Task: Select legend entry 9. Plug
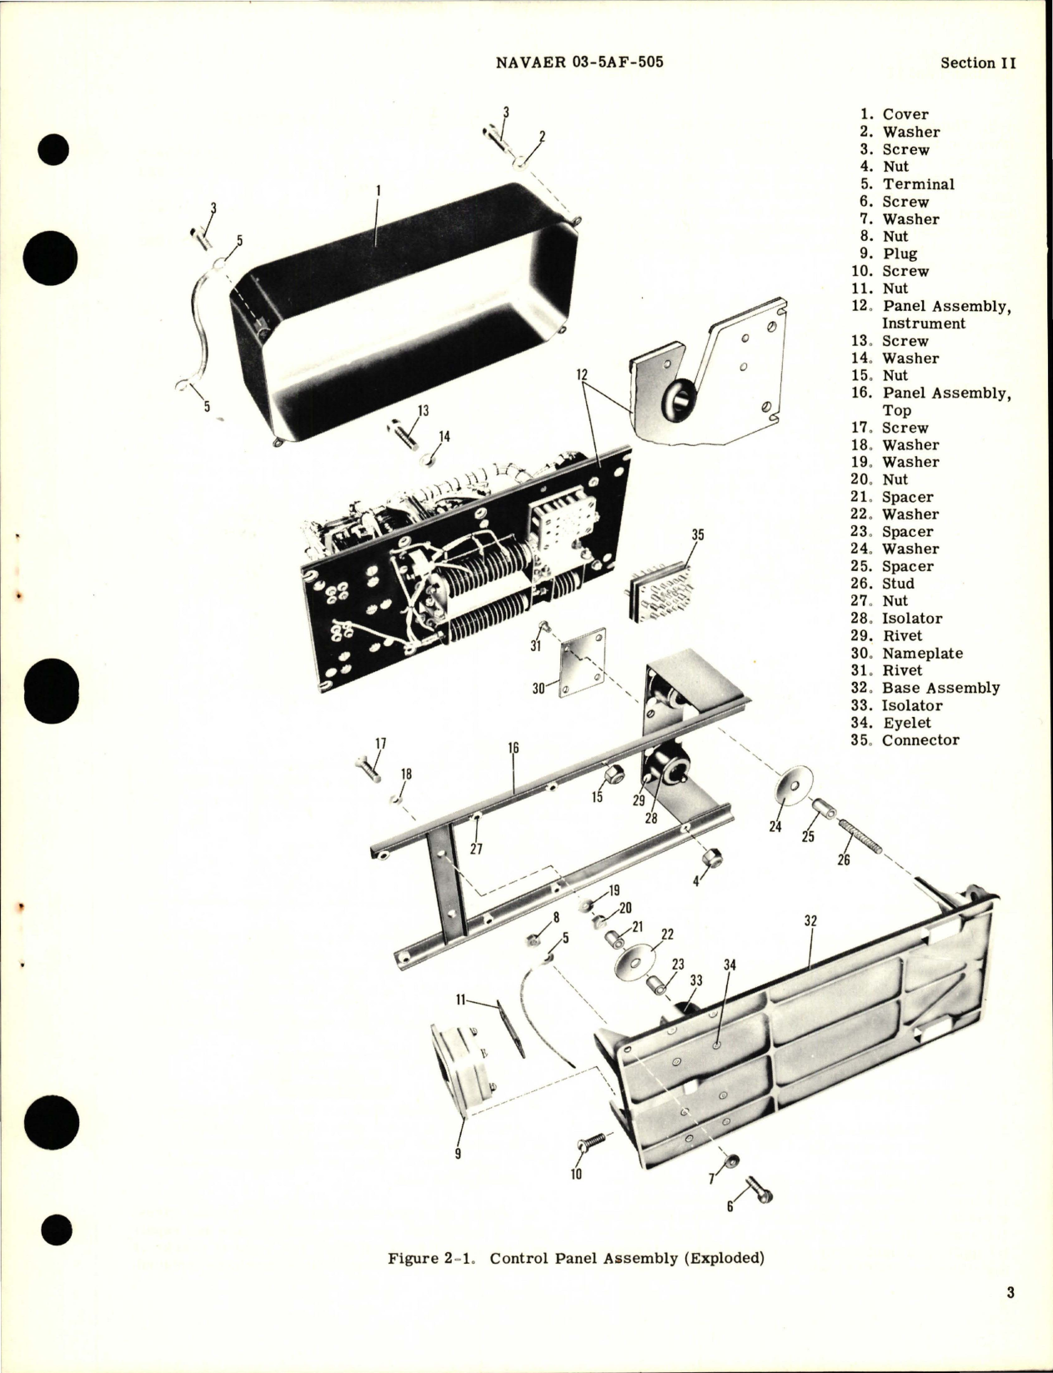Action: (x=889, y=253)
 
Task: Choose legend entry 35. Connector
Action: (x=909, y=739)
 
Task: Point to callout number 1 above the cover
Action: (x=378, y=190)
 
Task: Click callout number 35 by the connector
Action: (x=697, y=534)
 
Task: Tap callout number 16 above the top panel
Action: (x=513, y=748)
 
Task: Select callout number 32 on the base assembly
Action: (x=810, y=921)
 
